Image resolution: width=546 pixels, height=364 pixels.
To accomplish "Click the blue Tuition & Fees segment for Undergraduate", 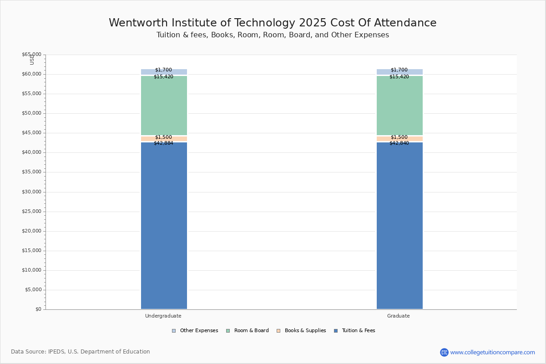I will tap(164, 227).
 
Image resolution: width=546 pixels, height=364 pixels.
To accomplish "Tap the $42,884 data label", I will tap(163, 143).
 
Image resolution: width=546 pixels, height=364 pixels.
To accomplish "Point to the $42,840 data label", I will tap(399, 143).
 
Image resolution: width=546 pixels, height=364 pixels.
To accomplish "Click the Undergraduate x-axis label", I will tap(163, 316).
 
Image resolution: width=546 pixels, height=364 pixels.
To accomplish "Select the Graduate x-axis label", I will tap(399, 316).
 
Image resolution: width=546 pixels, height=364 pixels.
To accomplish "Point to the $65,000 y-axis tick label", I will tap(31, 55).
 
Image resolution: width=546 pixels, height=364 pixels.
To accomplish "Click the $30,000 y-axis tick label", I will tap(31, 192).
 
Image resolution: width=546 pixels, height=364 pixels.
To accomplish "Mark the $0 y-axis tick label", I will tap(38, 309).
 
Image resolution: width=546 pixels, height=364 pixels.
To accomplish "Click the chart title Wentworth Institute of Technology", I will tap(273, 23).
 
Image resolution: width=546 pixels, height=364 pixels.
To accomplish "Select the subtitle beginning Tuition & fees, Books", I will tap(273, 35).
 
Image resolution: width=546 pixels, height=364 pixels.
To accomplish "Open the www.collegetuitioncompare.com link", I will tap(492, 352).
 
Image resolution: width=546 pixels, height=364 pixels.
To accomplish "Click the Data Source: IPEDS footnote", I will tap(81, 352).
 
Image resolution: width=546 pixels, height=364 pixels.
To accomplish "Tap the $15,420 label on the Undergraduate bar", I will tap(163, 77).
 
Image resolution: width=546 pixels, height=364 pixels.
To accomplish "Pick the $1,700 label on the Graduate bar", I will tap(399, 70).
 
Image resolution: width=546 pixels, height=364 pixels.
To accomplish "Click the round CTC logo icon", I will tap(444, 352).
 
